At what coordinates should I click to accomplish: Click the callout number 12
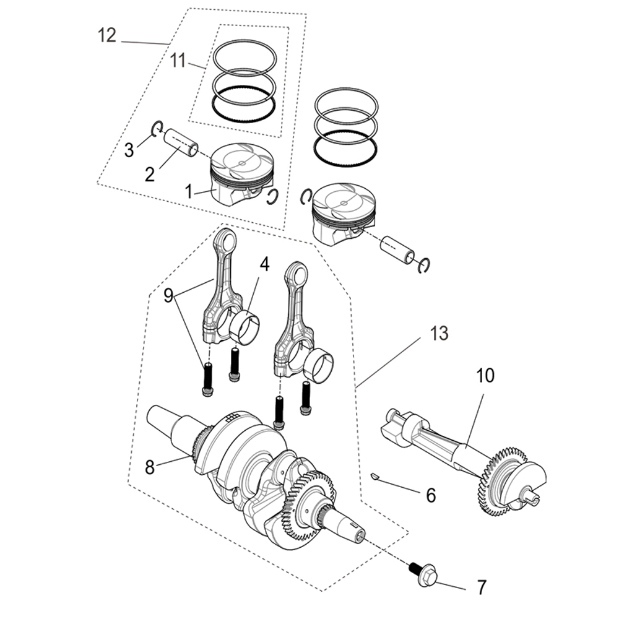106,35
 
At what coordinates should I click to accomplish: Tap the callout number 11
178,60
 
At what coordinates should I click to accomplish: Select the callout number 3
129,150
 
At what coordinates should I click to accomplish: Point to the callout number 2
150,174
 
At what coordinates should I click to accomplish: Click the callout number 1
188,191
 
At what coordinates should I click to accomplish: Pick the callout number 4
264,264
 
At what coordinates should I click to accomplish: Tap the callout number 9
168,296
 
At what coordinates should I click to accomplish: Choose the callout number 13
438,334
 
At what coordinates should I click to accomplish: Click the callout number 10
485,375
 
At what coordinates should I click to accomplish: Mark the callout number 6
431,495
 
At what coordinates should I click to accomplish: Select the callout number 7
482,586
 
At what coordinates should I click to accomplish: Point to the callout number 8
150,467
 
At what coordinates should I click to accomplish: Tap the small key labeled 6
373,475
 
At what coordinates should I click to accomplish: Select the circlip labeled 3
157,128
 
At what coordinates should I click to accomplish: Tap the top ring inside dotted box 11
245,54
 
